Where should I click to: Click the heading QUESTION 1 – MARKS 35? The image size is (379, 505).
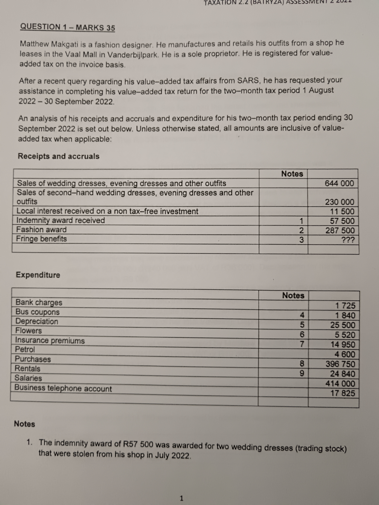[x=67, y=27]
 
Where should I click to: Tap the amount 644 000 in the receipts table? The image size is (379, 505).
[x=340, y=183]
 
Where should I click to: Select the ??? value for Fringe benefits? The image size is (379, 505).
[x=348, y=240]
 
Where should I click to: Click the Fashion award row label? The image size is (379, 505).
[x=41, y=230]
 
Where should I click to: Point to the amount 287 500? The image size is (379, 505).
[x=340, y=230]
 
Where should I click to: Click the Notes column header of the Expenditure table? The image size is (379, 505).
[x=293, y=295]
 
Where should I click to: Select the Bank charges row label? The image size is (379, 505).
[x=39, y=302]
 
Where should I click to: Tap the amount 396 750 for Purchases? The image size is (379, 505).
[x=340, y=364]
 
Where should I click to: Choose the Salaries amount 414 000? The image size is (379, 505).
[x=340, y=383]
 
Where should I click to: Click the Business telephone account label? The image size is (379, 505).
[x=63, y=388]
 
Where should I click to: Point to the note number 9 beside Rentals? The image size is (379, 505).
[x=302, y=374]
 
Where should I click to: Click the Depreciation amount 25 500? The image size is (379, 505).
[x=342, y=325]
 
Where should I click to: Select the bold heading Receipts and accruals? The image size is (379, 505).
[x=58, y=156]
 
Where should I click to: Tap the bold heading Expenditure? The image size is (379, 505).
[x=38, y=275]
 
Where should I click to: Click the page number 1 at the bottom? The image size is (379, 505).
[x=181, y=498]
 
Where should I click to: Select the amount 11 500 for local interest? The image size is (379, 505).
[x=342, y=211]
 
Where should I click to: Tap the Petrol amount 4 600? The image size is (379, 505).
[x=345, y=354]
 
